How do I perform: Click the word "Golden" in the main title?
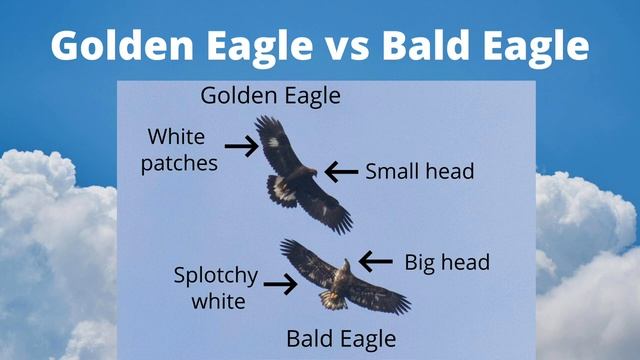click(113, 45)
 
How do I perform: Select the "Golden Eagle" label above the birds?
click(270, 96)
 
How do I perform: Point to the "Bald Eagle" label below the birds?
click(341, 337)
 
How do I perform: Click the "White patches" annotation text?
click(180, 149)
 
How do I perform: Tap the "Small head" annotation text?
click(419, 171)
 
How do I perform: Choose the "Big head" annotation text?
click(447, 262)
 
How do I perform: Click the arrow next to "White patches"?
click(241, 146)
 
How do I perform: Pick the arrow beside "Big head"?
click(376, 262)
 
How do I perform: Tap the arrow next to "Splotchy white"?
click(280, 285)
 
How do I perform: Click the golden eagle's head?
click(311, 172)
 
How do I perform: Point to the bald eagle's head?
click(346, 265)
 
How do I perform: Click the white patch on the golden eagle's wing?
click(272, 142)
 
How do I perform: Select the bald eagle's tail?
click(333, 299)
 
